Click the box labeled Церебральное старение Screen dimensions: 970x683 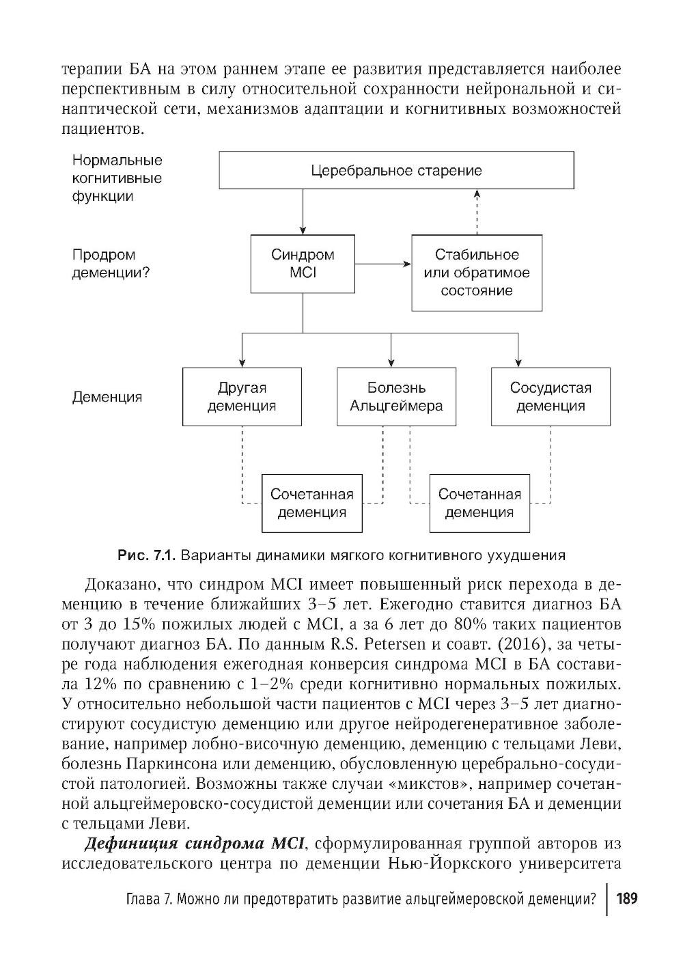396,170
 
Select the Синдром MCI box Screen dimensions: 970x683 303,264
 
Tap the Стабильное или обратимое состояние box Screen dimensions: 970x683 477,273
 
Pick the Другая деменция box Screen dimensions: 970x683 242,396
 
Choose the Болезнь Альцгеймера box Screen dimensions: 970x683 396,396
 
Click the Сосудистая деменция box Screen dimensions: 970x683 550,396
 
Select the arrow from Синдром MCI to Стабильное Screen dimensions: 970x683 383,264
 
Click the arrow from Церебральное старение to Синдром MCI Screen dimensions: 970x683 303,212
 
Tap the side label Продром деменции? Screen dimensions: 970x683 111,264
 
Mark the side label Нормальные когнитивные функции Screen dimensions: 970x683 117,178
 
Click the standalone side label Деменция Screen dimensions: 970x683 107,397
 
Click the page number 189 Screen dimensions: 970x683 626,898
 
